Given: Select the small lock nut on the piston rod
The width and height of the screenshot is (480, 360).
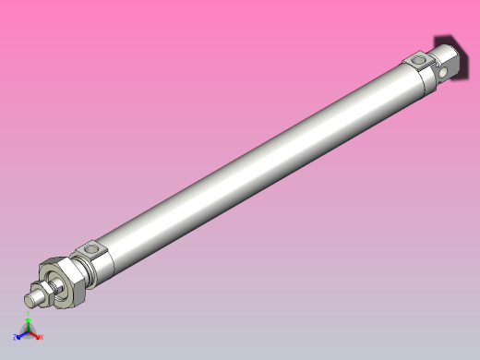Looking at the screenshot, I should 42,294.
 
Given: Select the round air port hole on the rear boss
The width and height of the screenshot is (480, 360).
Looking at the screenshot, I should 420,61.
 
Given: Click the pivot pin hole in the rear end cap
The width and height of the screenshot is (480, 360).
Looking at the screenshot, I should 445,70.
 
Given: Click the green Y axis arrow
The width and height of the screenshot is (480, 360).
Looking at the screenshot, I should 28,326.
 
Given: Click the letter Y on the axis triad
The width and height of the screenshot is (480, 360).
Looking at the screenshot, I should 28,318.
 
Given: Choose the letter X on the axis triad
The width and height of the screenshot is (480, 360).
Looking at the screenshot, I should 41,337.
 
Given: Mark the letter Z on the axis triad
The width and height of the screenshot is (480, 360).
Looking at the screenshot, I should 15,338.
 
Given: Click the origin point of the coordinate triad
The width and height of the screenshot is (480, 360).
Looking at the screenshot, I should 28,333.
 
